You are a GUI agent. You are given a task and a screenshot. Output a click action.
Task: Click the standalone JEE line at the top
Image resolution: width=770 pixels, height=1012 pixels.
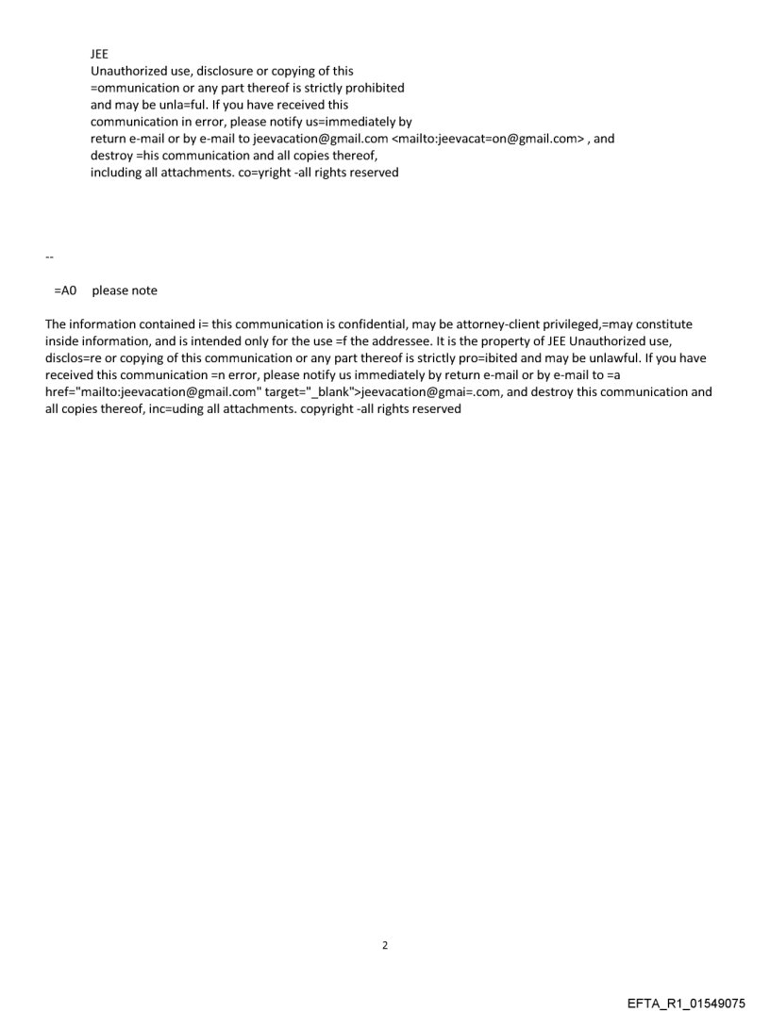click(100, 54)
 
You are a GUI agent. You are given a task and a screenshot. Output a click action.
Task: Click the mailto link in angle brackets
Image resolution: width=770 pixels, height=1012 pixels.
click(489, 139)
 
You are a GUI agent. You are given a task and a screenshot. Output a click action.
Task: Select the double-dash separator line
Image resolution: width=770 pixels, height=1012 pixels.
click(49, 257)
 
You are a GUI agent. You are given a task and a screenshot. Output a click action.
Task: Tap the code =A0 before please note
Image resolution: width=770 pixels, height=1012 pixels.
click(65, 290)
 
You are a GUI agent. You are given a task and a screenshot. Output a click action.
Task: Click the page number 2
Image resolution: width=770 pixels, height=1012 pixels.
click(385, 945)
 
